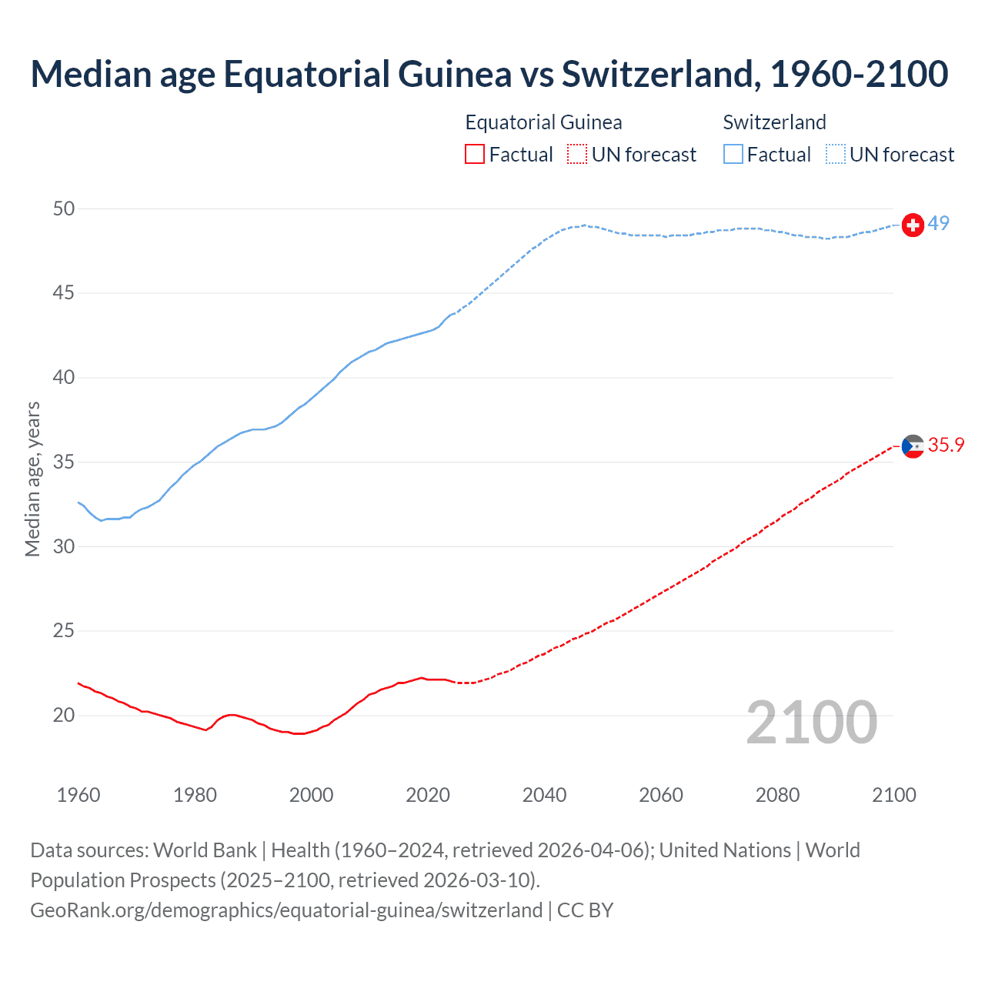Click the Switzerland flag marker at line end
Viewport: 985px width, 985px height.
click(x=913, y=225)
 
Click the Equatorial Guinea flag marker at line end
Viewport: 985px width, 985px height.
click(x=913, y=446)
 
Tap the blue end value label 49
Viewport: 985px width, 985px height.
click(x=939, y=224)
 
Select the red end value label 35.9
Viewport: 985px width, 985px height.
click(x=946, y=446)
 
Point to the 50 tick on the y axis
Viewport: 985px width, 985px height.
click(x=65, y=209)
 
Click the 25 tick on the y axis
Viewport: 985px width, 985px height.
click(x=65, y=631)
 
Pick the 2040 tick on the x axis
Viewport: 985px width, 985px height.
click(x=544, y=795)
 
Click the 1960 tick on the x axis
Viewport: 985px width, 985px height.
click(x=78, y=795)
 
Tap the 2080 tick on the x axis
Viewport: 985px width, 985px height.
click(x=777, y=795)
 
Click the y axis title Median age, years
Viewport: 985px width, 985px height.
click(x=32, y=479)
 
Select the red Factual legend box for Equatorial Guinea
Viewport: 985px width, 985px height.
click(x=475, y=155)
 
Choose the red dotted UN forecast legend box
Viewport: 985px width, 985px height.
click(x=577, y=155)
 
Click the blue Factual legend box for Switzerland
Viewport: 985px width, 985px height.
click(x=733, y=155)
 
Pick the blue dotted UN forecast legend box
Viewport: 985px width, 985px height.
click(x=836, y=155)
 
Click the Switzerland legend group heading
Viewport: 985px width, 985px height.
click(x=774, y=122)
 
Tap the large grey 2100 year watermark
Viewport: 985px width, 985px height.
click(x=812, y=722)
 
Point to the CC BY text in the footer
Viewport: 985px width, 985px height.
click(x=585, y=910)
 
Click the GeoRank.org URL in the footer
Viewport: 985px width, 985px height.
click(x=286, y=910)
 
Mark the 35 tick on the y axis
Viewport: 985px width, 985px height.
click(x=65, y=462)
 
